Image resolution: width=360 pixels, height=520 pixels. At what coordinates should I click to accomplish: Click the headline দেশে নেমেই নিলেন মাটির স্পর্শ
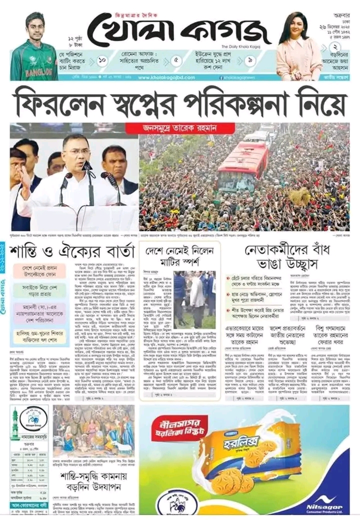coord(179,255)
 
